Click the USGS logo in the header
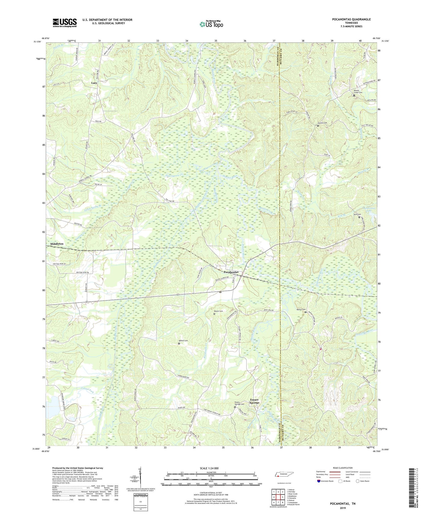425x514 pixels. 65,23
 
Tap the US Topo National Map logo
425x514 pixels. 211,24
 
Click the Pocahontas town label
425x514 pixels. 231,272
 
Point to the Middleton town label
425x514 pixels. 57,244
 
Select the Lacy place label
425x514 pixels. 94,83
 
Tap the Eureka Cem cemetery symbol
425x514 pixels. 318,126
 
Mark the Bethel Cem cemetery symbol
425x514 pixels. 179,343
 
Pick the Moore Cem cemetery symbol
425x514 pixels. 214,314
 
